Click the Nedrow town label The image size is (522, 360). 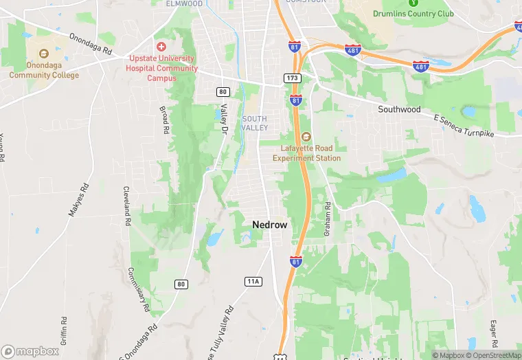[270, 225]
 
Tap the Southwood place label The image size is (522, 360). [399, 109]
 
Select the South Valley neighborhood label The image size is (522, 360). [254, 123]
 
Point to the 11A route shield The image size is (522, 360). [253, 281]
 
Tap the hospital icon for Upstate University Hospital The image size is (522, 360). [161, 47]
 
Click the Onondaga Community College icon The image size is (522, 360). [43, 53]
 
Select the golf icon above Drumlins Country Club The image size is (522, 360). [413, 3]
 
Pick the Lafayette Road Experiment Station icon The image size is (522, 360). [306, 135]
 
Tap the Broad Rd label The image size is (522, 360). [164, 120]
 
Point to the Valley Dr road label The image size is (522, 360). [224, 118]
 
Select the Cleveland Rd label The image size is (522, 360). [126, 206]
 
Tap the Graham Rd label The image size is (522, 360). [328, 219]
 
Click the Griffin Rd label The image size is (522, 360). [63, 330]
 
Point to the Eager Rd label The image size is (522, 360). [493, 331]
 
